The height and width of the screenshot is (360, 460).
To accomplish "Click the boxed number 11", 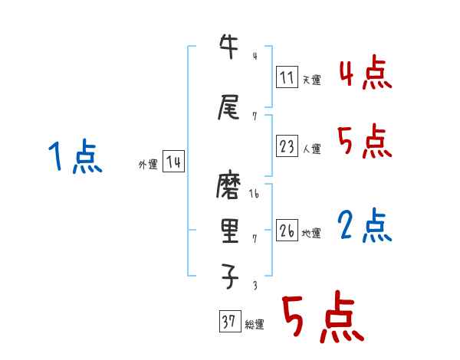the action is pyautogui.click(x=287, y=77).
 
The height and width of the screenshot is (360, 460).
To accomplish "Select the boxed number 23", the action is pyautogui.click(x=287, y=147).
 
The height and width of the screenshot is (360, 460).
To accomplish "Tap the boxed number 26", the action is pyautogui.click(x=287, y=231).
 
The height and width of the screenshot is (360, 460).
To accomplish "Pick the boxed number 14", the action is pyautogui.click(x=173, y=162).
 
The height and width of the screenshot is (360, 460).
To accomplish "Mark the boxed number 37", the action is pyautogui.click(x=229, y=322).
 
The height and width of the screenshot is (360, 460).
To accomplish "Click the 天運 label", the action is pyautogui.click(x=311, y=80).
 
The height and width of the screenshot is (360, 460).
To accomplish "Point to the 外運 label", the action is pyautogui.click(x=147, y=164).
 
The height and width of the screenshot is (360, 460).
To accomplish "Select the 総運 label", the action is pyautogui.click(x=255, y=324).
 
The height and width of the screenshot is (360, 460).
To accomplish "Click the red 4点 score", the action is pyautogui.click(x=365, y=75).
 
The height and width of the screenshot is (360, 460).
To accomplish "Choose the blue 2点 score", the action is pyautogui.click(x=365, y=226).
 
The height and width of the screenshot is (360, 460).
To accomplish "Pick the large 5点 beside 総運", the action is pyautogui.click(x=322, y=318).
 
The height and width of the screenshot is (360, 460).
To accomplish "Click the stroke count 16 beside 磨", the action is pyautogui.click(x=255, y=195).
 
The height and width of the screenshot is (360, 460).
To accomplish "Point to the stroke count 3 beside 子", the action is pyautogui.click(x=254, y=285).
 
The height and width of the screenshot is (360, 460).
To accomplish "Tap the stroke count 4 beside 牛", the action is pyautogui.click(x=254, y=55).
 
